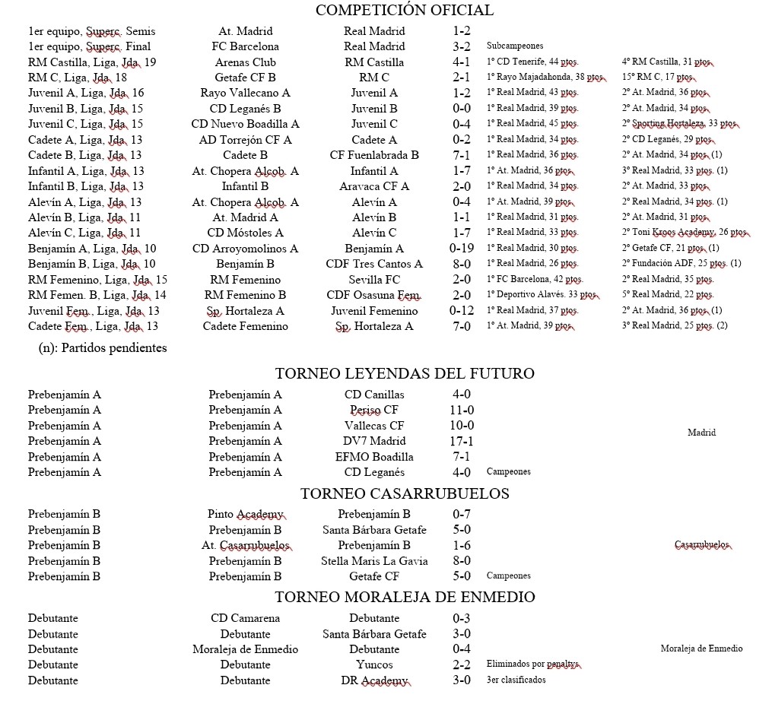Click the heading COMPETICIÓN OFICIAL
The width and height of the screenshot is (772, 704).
pyautogui.click(x=404, y=11)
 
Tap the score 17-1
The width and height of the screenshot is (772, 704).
pyautogui.click(x=461, y=441)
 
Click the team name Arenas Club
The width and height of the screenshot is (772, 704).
pyautogui.click(x=245, y=62)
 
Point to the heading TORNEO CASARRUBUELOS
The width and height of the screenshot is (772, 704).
pyautogui.click(x=404, y=493)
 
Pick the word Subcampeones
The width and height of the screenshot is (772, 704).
pyautogui.click(x=515, y=46)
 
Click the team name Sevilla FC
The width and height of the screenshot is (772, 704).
pyautogui.click(x=374, y=279)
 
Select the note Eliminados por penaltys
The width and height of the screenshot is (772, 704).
pyautogui.click(x=533, y=664)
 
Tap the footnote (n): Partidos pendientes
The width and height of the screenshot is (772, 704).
pyautogui.click(x=103, y=348)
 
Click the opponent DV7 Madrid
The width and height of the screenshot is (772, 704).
pyautogui.click(x=374, y=441)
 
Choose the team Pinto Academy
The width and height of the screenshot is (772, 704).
pyautogui.click(x=245, y=515)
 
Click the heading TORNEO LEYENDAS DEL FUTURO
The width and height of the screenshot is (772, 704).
pyautogui.click(x=404, y=373)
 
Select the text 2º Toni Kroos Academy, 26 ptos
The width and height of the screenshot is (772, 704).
pyautogui.click(x=685, y=233)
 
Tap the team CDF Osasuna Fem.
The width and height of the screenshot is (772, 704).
pyautogui.click(x=374, y=295)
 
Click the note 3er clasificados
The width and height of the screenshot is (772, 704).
pyautogui.click(x=516, y=680)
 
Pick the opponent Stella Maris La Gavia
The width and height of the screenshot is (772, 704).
pyautogui.click(x=374, y=561)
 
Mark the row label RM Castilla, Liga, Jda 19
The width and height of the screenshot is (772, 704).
pyautogui.click(x=91, y=62)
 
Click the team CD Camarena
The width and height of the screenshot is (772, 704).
pyautogui.click(x=245, y=618)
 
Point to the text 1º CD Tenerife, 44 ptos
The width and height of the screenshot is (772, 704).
pyautogui.click(x=532, y=62)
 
